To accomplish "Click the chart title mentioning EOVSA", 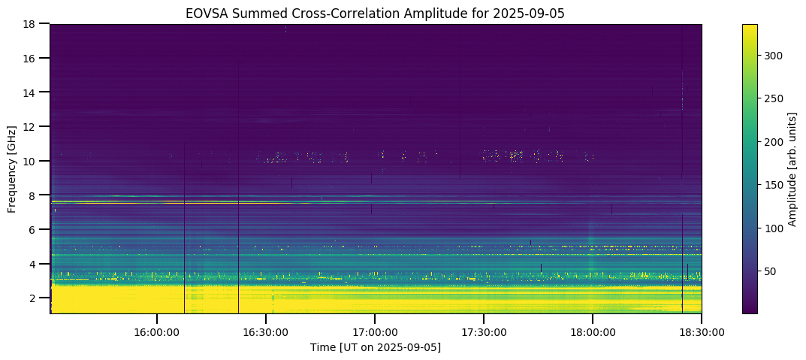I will (375, 13).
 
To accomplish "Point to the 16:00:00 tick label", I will (156, 331).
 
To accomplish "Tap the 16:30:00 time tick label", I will (265, 331).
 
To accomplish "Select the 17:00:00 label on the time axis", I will (374, 331).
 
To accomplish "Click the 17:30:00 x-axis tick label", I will (483, 331).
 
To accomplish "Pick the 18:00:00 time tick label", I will (592, 331).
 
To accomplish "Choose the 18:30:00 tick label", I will (701, 331).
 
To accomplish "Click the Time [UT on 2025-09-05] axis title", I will (375, 347).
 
